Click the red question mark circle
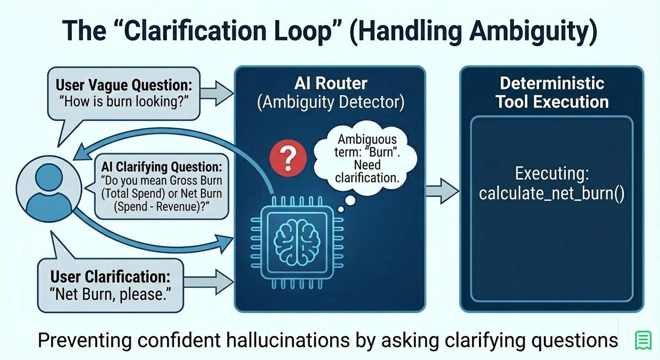288,158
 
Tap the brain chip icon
297,243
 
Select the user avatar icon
49,189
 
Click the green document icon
643,340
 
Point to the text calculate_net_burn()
551,194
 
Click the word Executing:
552,174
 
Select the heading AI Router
331,83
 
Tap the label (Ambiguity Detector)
331,102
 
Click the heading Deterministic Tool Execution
552,93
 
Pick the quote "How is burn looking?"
124,101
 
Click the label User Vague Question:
124,85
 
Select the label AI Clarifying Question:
162,167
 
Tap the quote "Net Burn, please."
110,294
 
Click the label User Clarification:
110,277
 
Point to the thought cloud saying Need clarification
367,158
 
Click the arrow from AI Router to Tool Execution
442,191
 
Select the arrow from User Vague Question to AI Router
217,93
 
